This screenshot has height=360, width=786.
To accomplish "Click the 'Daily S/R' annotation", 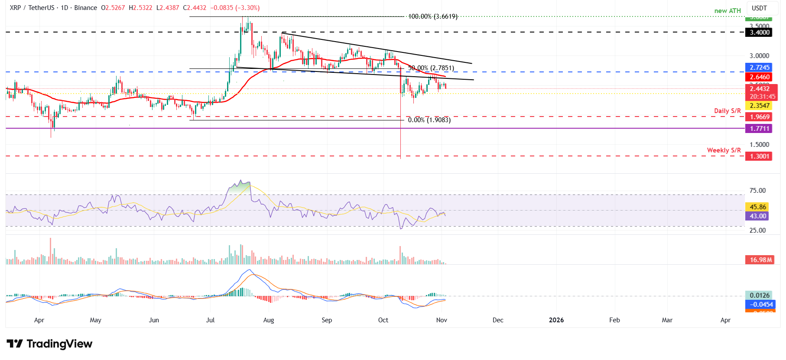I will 728,111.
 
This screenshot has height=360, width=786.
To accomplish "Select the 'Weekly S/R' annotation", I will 724,150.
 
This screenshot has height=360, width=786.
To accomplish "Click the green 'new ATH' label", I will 728,11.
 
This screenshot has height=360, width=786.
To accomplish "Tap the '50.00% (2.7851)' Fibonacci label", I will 431,68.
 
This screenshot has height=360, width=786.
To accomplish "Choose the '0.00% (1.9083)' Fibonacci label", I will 429,120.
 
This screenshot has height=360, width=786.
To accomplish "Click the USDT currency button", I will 759,8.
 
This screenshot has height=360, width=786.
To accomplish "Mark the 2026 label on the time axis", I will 556,320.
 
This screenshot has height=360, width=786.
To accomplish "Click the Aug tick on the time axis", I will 269,320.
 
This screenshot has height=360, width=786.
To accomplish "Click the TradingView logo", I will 49,344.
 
